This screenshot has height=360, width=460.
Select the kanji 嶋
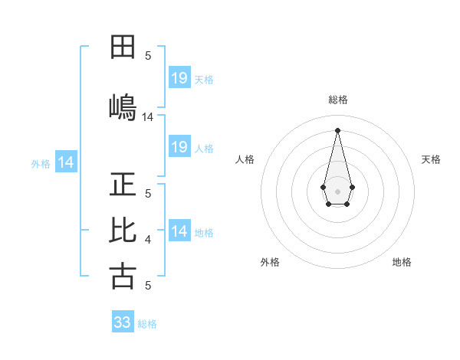pos(123,106)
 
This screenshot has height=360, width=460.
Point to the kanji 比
pos(123,230)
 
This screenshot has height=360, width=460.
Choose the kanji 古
pos(123,276)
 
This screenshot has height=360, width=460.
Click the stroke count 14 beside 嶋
pos(148,117)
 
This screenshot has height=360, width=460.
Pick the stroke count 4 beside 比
pos(148,241)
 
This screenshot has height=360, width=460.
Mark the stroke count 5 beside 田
pos(148,56)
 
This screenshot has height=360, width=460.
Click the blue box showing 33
pos(123,322)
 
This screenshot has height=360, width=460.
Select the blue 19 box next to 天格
pos(179,78)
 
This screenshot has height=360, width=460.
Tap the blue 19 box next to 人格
pos(179,147)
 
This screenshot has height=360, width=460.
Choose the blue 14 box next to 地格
pos(179,231)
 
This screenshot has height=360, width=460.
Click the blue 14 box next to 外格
pos(66,162)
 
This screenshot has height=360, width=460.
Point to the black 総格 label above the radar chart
pos(338,100)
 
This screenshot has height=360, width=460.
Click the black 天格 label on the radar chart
pos(431,159)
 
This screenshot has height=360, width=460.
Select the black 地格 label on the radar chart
pos(402,262)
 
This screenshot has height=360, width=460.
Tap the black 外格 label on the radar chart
pos(270,262)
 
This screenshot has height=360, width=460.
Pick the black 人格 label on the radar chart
pos(245,159)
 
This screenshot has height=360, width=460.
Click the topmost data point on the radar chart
pos(338,129)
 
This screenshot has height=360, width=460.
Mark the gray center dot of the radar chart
pos(338,190)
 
